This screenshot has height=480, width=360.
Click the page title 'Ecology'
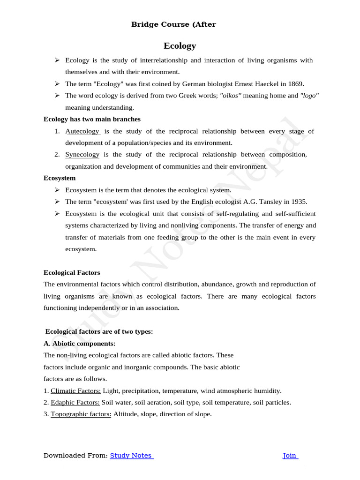(x=180, y=45)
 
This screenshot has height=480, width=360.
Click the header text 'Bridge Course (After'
(x=173, y=24)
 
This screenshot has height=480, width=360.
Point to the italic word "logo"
(x=309, y=96)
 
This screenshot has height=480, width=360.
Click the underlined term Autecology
(x=82, y=131)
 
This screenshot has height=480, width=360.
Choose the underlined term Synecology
(x=82, y=155)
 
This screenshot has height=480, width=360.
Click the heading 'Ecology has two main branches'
(x=92, y=119)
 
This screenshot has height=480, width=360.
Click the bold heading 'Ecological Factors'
(x=72, y=272)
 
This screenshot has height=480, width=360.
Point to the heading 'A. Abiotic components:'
(x=76, y=343)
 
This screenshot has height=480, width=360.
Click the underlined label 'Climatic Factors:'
(x=75, y=390)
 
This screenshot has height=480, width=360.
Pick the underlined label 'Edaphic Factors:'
(x=75, y=402)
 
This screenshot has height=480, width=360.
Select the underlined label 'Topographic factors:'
(x=81, y=414)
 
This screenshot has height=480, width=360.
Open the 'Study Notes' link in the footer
(x=131, y=455)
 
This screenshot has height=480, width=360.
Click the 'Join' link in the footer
(x=290, y=455)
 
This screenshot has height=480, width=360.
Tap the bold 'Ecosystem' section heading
(x=60, y=178)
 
